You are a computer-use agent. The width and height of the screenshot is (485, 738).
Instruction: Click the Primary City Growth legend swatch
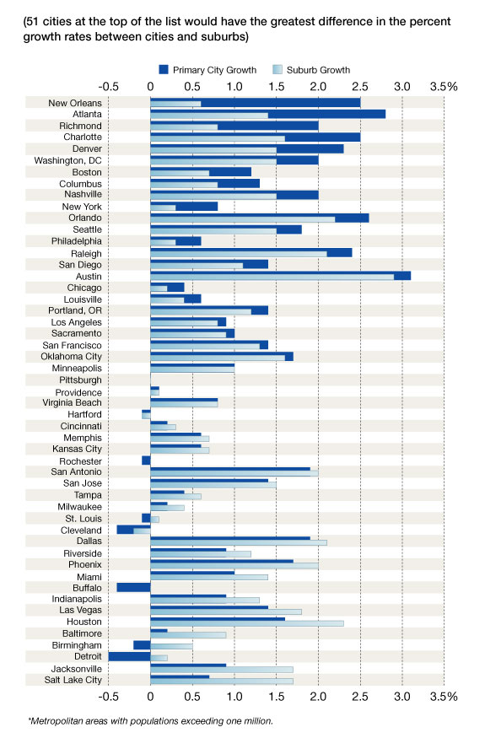(164, 70)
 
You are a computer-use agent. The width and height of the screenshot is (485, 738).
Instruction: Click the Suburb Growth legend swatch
(278, 70)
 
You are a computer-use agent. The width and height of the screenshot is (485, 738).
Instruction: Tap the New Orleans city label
(75, 103)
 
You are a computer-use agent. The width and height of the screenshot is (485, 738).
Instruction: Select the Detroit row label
(88, 656)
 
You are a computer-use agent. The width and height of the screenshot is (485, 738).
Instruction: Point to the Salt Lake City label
(73, 680)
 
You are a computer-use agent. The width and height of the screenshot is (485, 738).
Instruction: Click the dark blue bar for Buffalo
(134, 587)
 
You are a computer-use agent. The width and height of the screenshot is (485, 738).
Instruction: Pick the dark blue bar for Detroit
(130, 656)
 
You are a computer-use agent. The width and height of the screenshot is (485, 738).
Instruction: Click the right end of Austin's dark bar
(411, 276)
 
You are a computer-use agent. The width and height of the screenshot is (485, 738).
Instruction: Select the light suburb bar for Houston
(247, 623)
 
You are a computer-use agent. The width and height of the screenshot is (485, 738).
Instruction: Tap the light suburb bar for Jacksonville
(222, 670)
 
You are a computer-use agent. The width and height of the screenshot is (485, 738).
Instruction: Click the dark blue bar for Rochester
(146, 461)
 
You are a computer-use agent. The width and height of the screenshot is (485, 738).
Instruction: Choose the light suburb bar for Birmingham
(171, 646)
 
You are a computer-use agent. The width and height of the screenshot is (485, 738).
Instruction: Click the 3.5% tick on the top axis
(444, 87)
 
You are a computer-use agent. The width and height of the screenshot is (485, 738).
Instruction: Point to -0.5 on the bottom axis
(108, 696)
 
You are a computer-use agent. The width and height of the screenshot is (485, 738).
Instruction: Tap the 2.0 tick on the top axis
(318, 87)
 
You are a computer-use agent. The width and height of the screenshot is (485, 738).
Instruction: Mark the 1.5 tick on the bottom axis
(277, 696)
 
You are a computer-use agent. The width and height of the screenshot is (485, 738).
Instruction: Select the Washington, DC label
(67, 160)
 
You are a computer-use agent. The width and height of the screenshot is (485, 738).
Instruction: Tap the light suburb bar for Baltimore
(188, 635)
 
